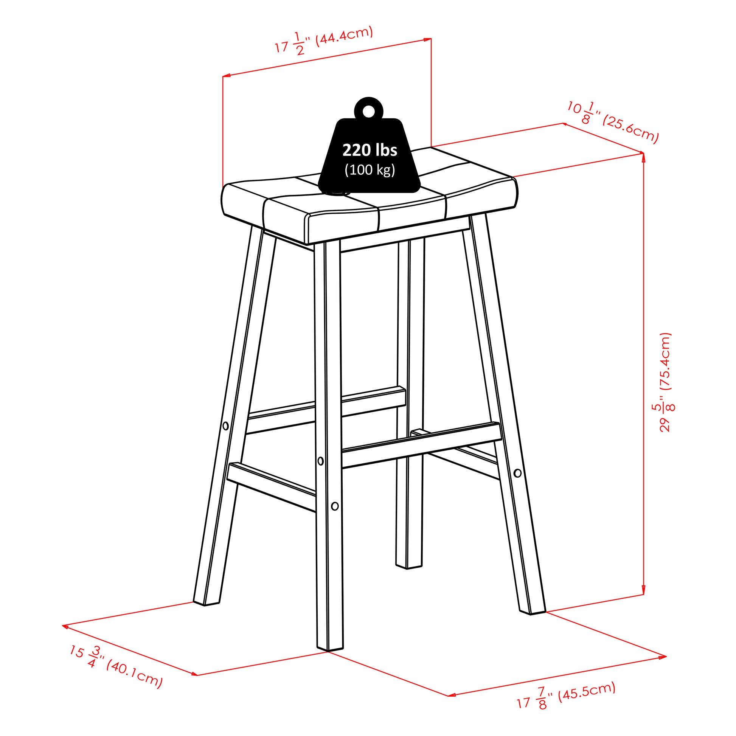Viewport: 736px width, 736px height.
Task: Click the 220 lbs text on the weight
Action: point(370,150)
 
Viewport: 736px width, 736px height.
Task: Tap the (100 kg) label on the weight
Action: point(370,170)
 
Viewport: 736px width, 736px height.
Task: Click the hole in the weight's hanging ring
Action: point(368,111)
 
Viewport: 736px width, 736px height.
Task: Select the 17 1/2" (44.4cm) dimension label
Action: point(324,41)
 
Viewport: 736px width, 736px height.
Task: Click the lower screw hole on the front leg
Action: point(335,506)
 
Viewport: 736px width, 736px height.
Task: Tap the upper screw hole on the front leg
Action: point(320,461)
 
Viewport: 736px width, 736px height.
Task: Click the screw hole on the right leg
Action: point(517,473)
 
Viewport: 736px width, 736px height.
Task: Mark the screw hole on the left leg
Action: point(225,425)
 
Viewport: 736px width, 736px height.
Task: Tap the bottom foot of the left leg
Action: point(206,602)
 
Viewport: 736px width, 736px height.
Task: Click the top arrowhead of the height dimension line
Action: point(643,156)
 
